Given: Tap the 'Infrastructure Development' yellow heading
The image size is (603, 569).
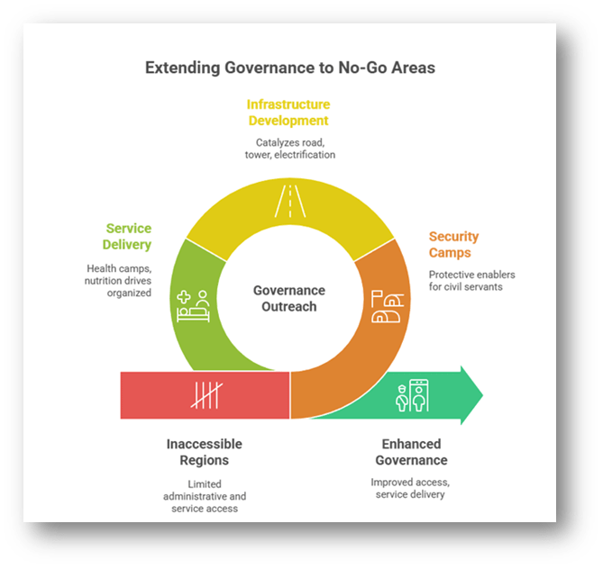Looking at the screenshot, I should tap(288, 113).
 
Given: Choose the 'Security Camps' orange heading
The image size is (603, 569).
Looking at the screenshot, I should tap(453, 245).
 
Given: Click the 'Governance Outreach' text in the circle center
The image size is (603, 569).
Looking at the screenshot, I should tap(288, 298).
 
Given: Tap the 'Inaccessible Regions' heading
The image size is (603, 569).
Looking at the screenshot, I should tap(204, 452).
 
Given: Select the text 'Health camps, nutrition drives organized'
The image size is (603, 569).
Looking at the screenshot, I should tap(119, 280).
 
